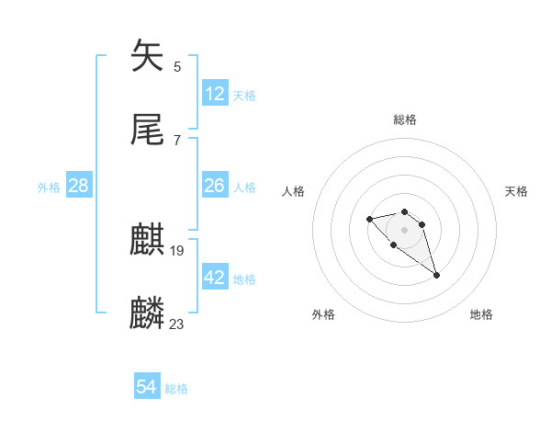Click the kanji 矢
tap(148, 56)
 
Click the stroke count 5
tap(177, 66)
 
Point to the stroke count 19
tap(177, 250)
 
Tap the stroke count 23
tap(177, 324)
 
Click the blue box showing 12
tap(215, 94)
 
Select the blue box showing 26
tap(215, 186)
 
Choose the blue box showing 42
tap(215, 278)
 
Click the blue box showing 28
tap(79, 186)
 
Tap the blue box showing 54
tap(147, 388)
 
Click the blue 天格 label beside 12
tap(244, 96)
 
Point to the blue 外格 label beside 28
tap(49, 188)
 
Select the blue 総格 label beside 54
tap(176, 390)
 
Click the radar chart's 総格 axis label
tap(405, 119)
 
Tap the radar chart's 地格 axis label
tap(481, 315)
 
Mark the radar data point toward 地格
tap(436, 275)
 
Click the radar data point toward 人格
tap(369, 219)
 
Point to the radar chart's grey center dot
tap(405, 229)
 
